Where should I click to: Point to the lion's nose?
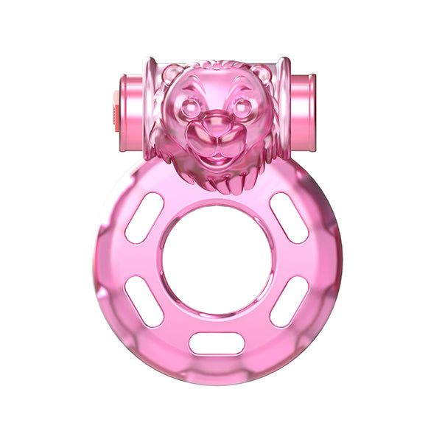coord(217,122)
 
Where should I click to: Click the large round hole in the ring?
coord(217,259)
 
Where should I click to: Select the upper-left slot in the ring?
coord(144,217)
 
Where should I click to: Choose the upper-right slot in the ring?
coord(289,217)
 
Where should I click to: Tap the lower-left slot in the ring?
coord(144,301)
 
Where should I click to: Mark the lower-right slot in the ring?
coord(289,301)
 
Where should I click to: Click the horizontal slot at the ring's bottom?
coord(217,343)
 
